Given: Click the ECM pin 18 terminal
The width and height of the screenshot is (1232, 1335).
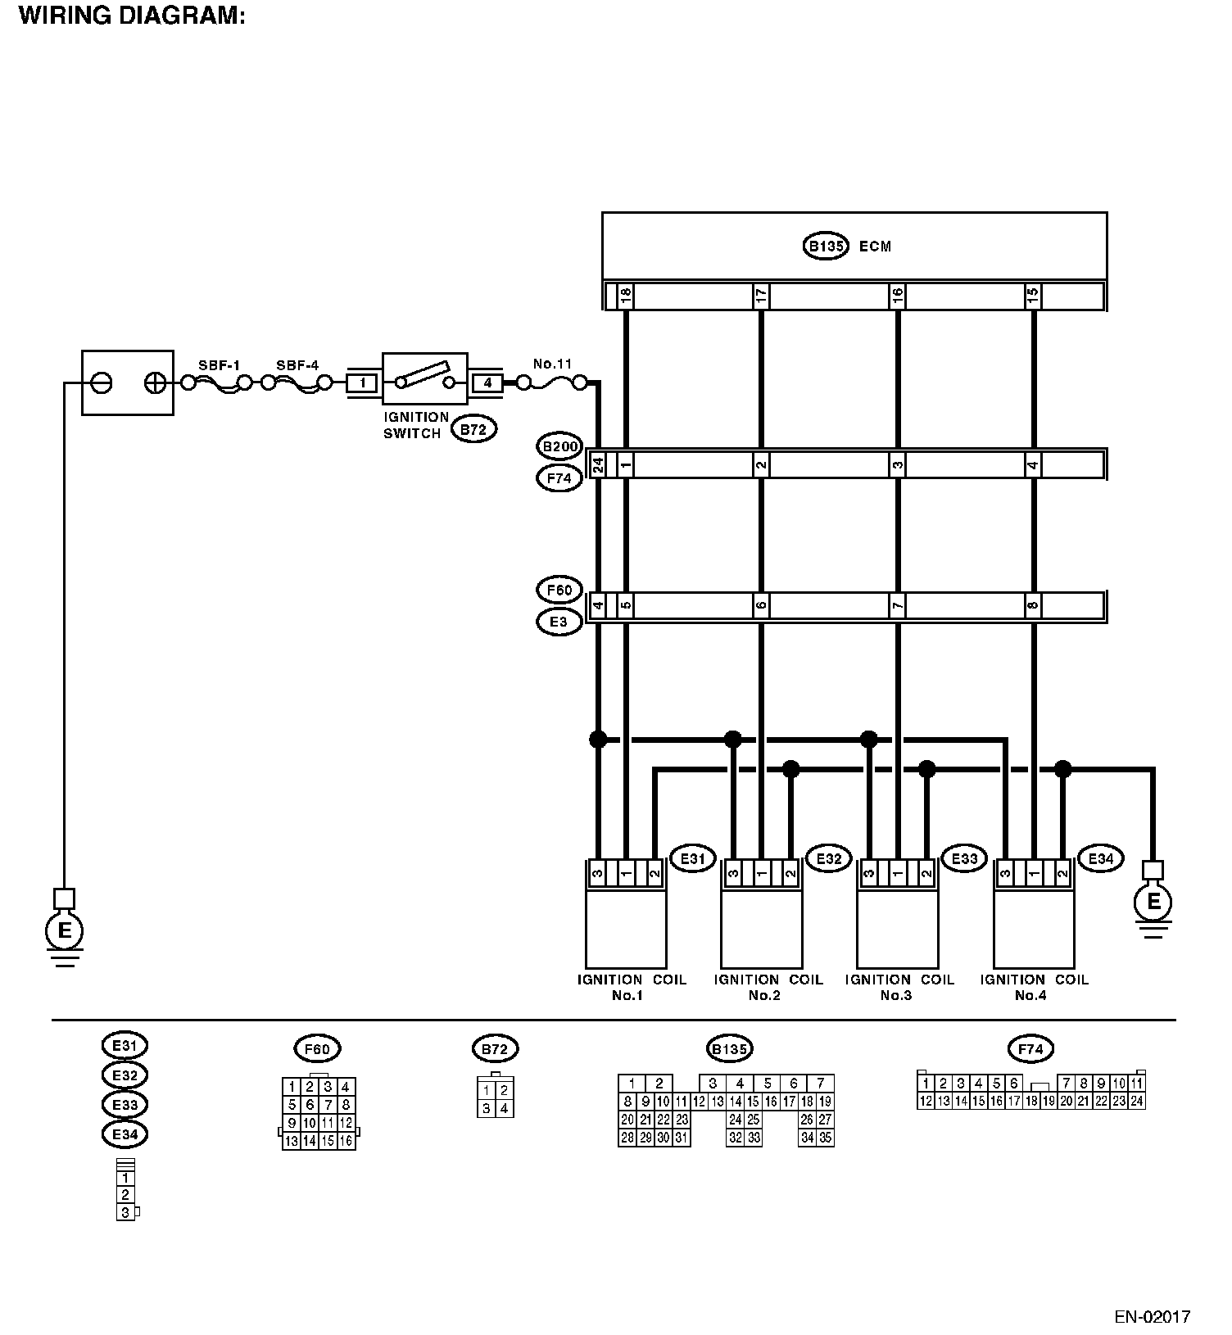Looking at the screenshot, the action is pyautogui.click(x=625, y=296).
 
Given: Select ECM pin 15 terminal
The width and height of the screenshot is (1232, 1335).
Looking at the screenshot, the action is pyautogui.click(x=1033, y=296).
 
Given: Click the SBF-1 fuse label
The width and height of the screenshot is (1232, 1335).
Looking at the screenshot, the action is pyautogui.click(x=219, y=365).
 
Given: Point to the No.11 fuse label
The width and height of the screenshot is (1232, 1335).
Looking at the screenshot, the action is pyautogui.click(x=552, y=364).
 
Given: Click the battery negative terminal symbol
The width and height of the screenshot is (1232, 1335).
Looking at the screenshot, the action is pyautogui.click(x=102, y=382).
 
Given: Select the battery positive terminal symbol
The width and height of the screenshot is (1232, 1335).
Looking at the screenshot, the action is pyautogui.click(x=155, y=382).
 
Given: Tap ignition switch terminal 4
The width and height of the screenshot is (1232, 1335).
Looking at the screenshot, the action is pyautogui.click(x=487, y=382).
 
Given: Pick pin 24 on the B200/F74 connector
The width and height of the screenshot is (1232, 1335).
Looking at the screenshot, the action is pyautogui.click(x=598, y=465).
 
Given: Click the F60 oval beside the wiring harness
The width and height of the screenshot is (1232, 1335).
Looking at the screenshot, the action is pyautogui.click(x=559, y=590).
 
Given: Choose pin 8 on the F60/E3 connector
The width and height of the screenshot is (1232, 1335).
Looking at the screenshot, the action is pyautogui.click(x=1033, y=607).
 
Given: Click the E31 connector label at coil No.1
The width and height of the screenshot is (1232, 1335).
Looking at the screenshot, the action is pyautogui.click(x=692, y=858).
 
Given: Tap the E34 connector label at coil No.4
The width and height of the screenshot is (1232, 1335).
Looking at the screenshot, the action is pyautogui.click(x=1100, y=858).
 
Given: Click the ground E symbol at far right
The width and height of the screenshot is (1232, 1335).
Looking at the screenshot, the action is pyautogui.click(x=1153, y=902).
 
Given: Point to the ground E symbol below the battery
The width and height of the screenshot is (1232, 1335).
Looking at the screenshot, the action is pyautogui.click(x=64, y=930).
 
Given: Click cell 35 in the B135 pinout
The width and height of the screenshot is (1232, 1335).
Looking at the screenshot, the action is pyautogui.click(x=825, y=1138).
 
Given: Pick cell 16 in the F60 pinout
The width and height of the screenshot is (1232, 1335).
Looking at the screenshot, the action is pyautogui.click(x=346, y=1141).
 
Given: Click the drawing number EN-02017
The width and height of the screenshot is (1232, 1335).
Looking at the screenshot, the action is pyautogui.click(x=1153, y=1317).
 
